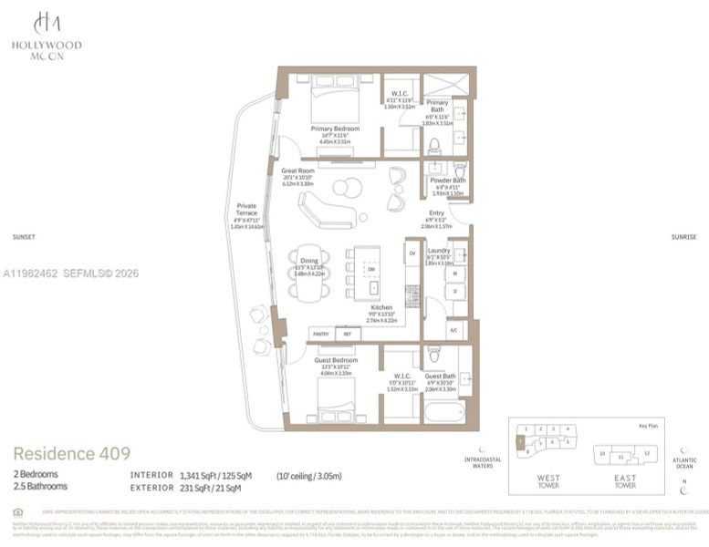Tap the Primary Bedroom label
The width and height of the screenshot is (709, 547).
pos(334,129)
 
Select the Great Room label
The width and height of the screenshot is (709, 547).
pos(298,170)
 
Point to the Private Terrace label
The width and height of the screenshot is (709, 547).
pos(246,210)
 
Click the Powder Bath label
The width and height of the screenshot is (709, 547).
pos(447,181)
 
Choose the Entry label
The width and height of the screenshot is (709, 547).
pos(436,213)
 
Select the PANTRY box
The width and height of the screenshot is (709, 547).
pos(321,334)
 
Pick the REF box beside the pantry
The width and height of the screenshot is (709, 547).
pos(347,334)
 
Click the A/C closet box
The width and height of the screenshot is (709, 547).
pos(454,330)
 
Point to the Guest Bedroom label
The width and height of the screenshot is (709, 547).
pos(335,360)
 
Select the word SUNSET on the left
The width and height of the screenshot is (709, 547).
pos(24,236)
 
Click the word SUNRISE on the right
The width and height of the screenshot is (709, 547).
pos(683,236)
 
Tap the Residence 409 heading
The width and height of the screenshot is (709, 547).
pos(71,453)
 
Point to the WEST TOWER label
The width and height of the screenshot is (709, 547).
pos(548,480)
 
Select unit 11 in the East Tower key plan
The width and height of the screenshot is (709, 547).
pos(621,455)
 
